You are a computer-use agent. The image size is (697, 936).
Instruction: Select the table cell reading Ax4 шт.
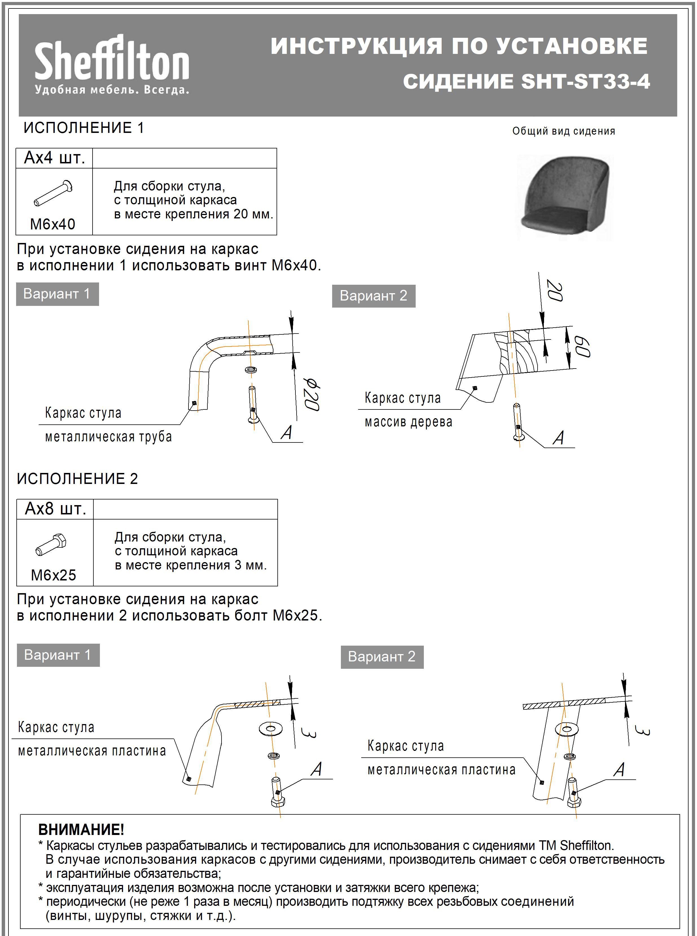click(x=54, y=158)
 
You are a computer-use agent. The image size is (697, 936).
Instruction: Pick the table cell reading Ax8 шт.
click(x=55, y=509)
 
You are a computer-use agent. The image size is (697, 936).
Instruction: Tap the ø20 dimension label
click(x=312, y=394)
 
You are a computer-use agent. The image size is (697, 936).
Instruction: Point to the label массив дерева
click(x=408, y=421)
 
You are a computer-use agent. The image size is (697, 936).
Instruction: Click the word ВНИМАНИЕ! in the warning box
click(x=81, y=829)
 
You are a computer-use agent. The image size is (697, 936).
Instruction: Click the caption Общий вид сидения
click(x=564, y=131)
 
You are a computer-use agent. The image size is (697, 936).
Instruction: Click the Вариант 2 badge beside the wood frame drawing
click(x=374, y=296)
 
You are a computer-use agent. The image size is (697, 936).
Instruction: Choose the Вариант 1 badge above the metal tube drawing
click(x=57, y=294)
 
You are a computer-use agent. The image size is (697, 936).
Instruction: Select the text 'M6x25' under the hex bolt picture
click(x=54, y=575)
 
